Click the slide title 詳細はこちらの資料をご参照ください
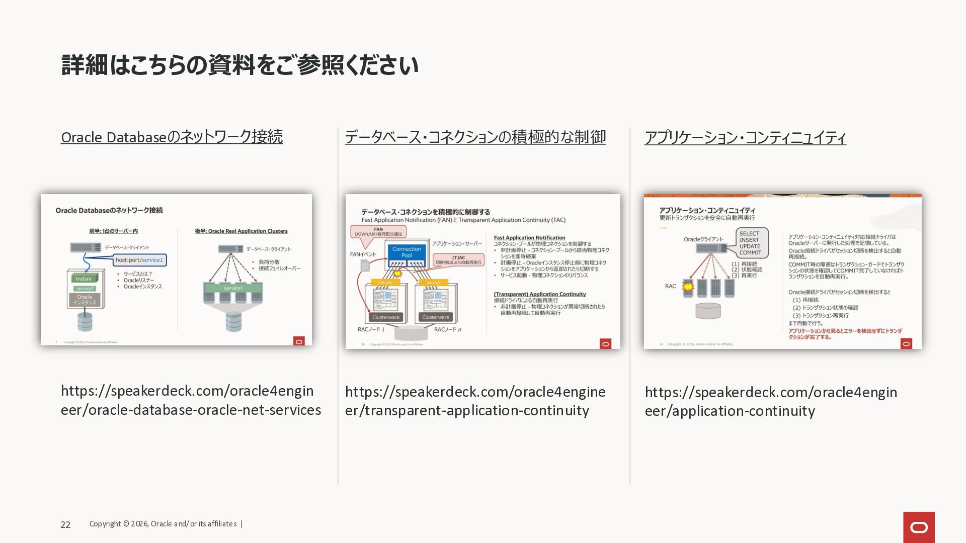239,65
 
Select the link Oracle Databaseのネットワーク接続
172,137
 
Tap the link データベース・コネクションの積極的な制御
475,137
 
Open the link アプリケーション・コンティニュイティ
745,137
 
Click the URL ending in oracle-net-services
190,400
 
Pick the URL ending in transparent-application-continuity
475,401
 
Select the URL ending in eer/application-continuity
770,401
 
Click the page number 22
65,524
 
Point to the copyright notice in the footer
163,524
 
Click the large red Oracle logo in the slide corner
919,527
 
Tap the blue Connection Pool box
407,252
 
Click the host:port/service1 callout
139,260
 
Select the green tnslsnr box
84,279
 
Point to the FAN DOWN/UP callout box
378,231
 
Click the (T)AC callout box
458,260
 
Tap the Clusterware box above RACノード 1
386,317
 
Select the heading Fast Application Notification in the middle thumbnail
529,238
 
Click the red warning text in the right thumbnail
845,334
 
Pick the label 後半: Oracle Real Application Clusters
241,231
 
